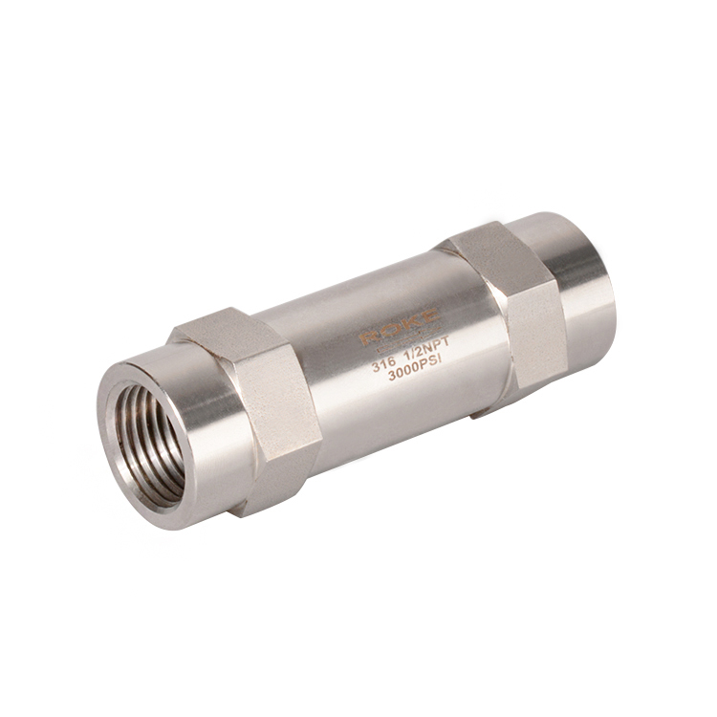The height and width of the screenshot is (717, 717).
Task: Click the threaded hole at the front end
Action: (x=147, y=445)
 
